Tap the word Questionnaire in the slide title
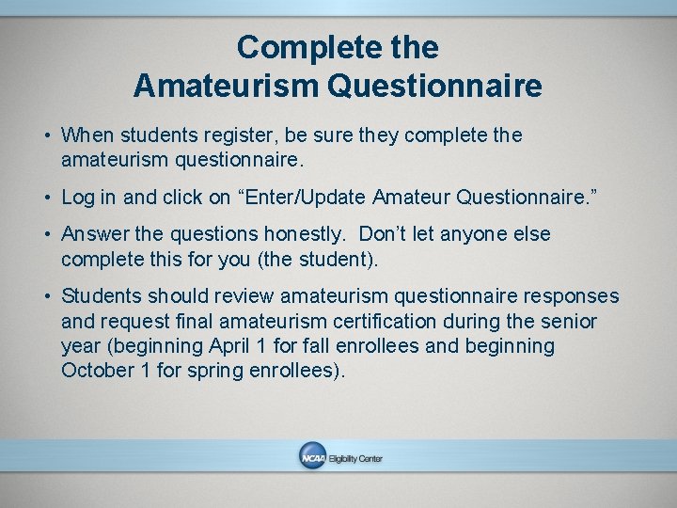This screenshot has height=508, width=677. [x=434, y=87]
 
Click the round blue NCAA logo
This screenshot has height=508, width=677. [x=311, y=457]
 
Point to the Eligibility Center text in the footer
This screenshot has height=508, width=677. [x=355, y=458]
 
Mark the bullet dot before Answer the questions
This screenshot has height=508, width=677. [x=46, y=234]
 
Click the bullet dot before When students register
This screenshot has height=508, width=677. [x=46, y=136]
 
